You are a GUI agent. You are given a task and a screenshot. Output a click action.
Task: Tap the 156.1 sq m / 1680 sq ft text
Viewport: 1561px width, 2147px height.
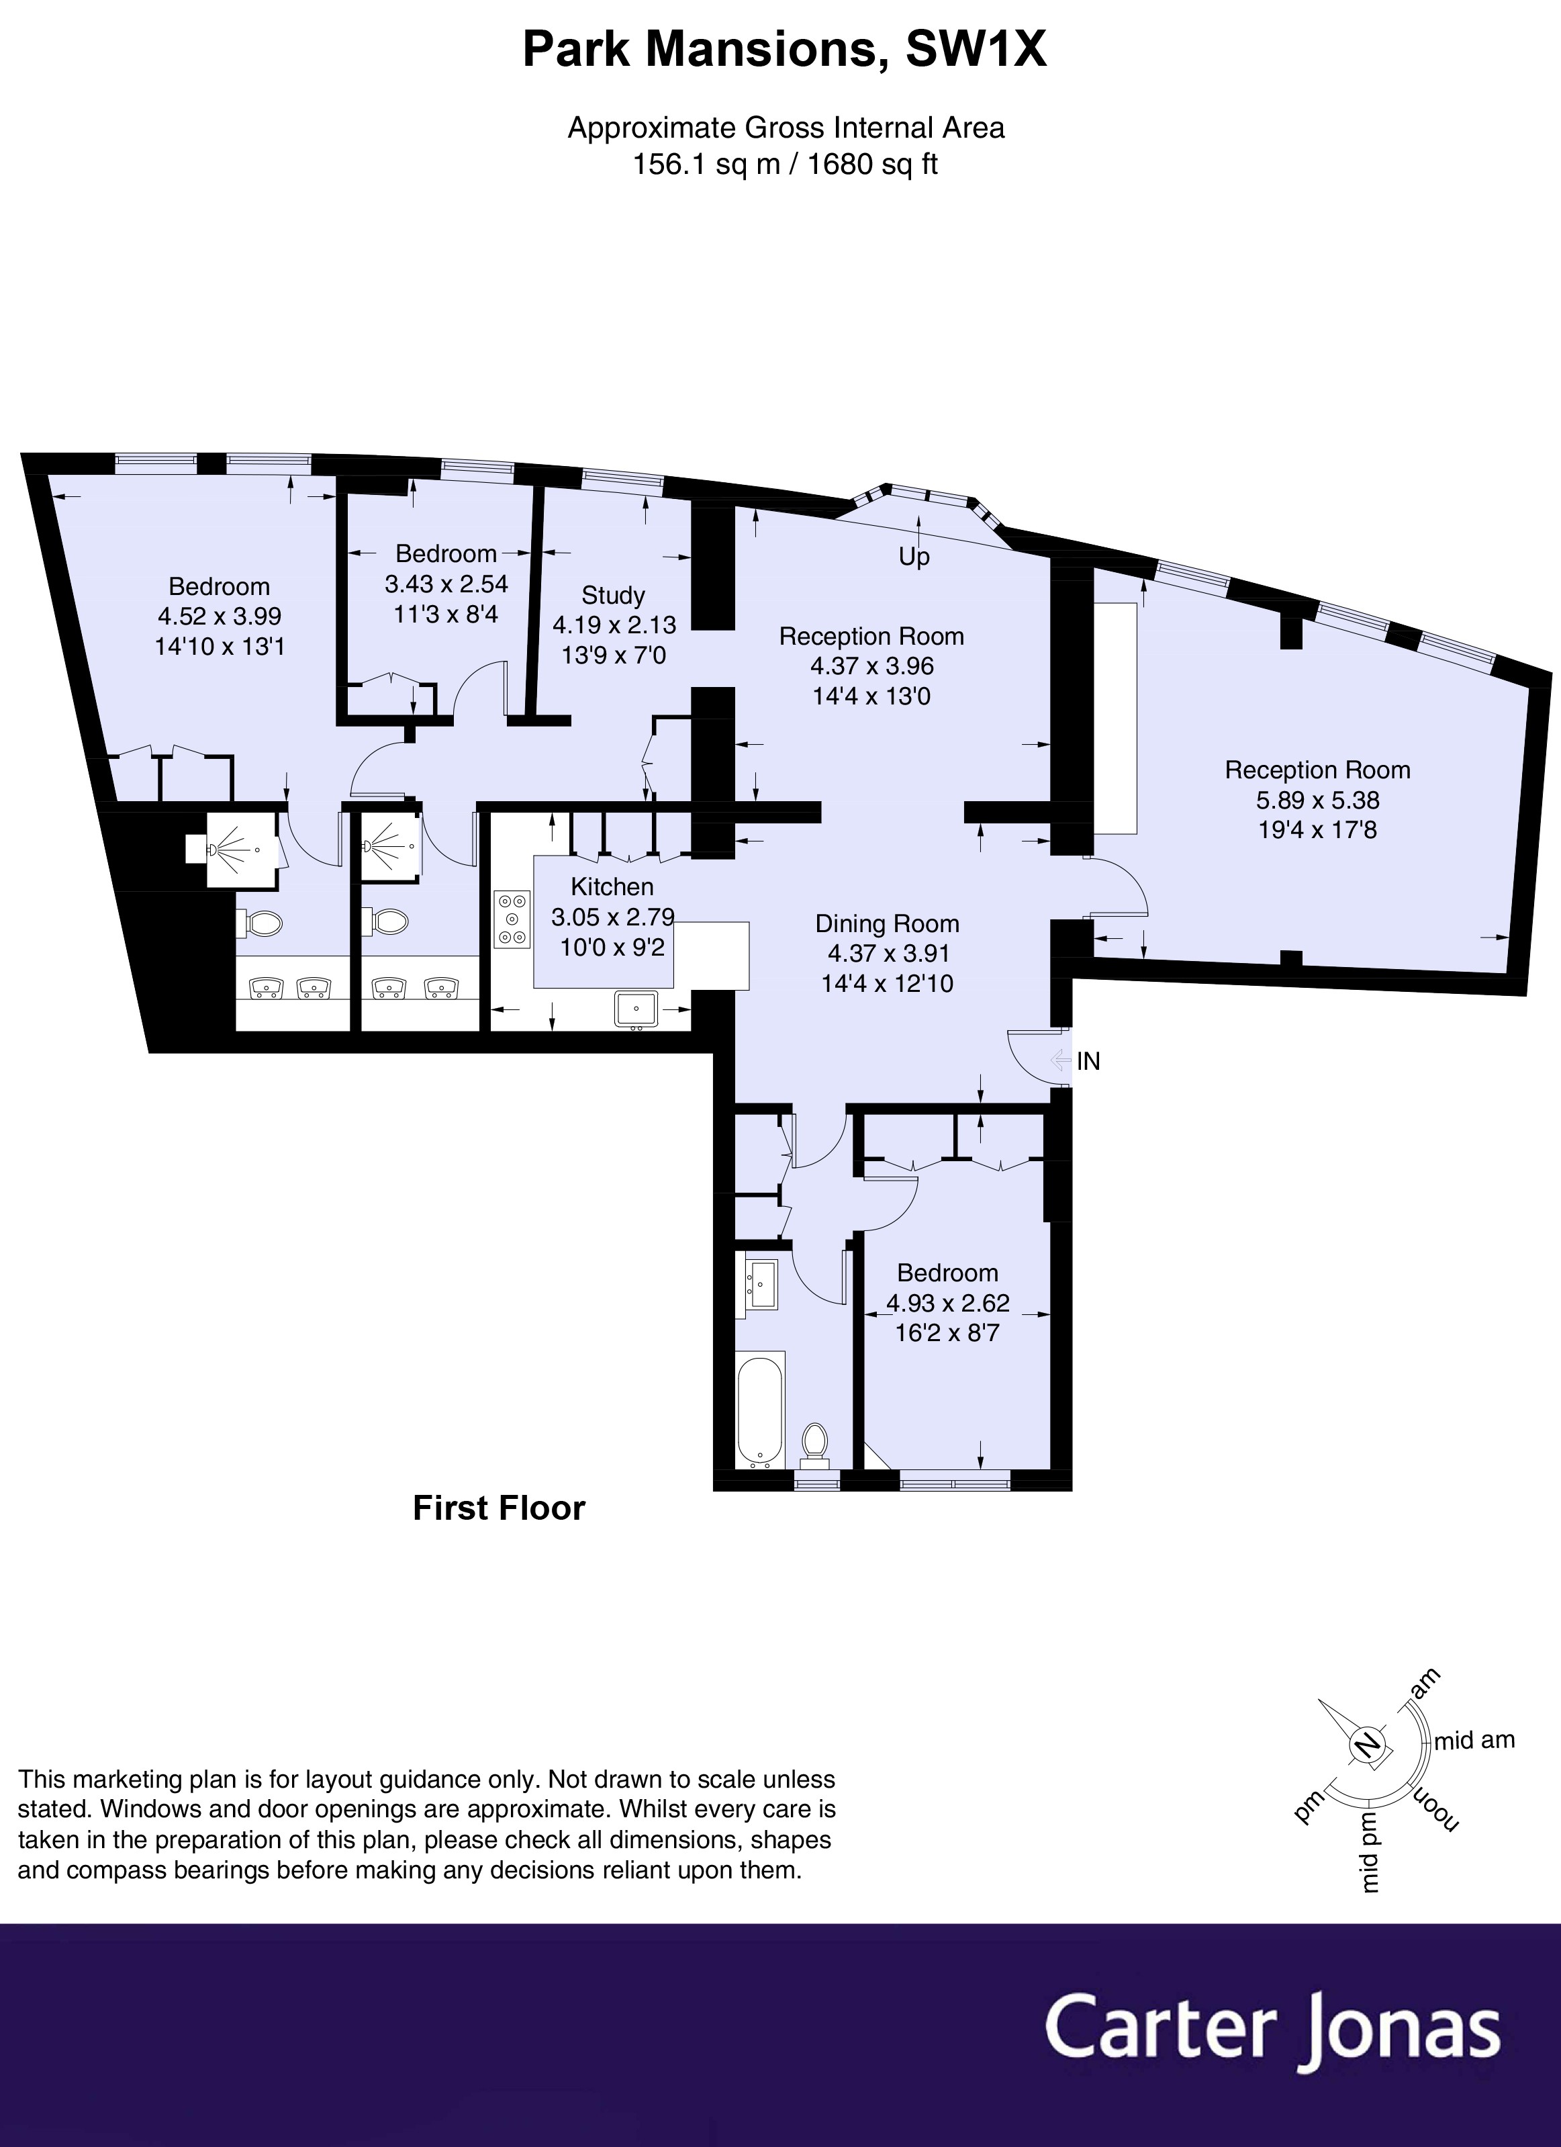(785, 165)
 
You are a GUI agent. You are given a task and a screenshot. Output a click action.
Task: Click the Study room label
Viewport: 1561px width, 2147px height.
(612, 596)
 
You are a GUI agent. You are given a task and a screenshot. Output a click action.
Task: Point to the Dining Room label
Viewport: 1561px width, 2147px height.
(887, 924)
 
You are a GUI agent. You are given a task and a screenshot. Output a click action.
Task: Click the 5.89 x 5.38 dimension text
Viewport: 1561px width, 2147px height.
(1317, 800)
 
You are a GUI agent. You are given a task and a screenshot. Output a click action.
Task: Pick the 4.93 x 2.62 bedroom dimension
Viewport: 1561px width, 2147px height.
(947, 1303)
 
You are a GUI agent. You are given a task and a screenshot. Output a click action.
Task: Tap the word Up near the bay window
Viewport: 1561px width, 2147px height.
(914, 557)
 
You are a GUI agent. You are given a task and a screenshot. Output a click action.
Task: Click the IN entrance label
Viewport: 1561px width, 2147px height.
(1088, 1061)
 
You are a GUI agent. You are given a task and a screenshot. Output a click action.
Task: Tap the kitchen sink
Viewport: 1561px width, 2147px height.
(639, 1009)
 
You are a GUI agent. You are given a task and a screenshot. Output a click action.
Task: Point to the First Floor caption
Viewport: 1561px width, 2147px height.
(499, 1508)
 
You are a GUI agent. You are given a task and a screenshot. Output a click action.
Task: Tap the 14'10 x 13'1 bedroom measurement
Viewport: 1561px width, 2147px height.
(219, 647)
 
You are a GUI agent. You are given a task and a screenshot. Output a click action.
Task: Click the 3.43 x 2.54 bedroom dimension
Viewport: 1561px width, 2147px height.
(446, 584)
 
